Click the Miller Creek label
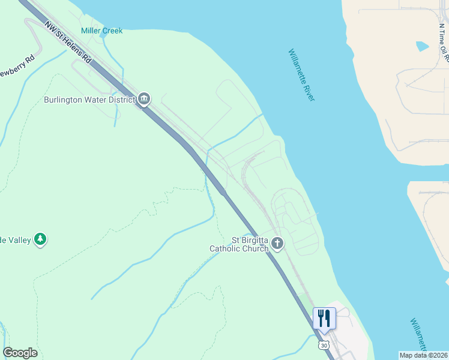click(x=101, y=31)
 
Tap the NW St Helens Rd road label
click(x=68, y=43)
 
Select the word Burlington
click(x=65, y=100)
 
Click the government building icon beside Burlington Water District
click(x=144, y=99)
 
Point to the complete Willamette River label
click(x=301, y=74)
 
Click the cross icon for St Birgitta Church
click(x=277, y=243)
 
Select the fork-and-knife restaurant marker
click(x=324, y=318)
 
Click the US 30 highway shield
click(x=324, y=346)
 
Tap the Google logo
click(x=20, y=353)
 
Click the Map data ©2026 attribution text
click(x=423, y=355)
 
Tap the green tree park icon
click(x=40, y=239)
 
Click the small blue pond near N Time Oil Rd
click(x=422, y=46)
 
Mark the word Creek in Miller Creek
click(x=112, y=31)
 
